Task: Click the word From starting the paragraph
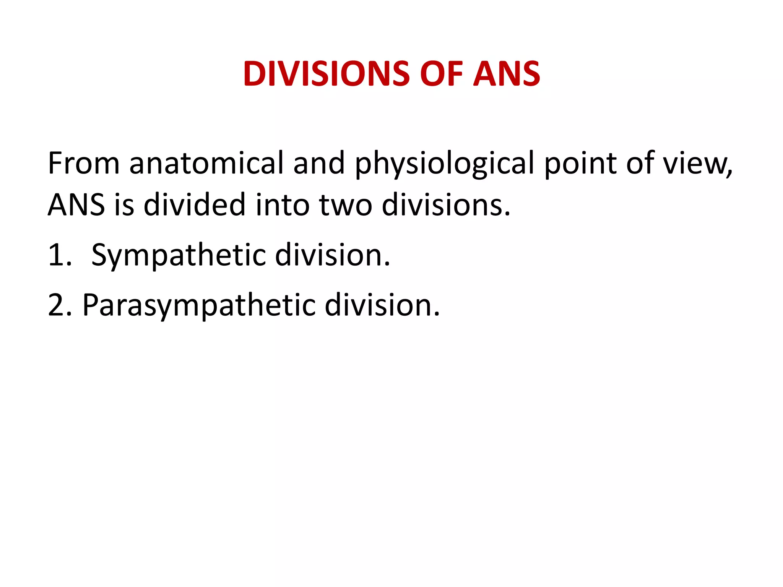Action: click(x=84, y=163)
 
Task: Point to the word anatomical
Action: click(x=206, y=163)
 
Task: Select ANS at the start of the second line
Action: click(x=76, y=205)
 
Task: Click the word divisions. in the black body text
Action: click(x=446, y=205)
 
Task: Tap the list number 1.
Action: click(x=59, y=255)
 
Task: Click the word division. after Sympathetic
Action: click(x=333, y=255)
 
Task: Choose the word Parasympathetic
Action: click(x=199, y=306)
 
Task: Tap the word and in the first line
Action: click(x=319, y=163)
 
